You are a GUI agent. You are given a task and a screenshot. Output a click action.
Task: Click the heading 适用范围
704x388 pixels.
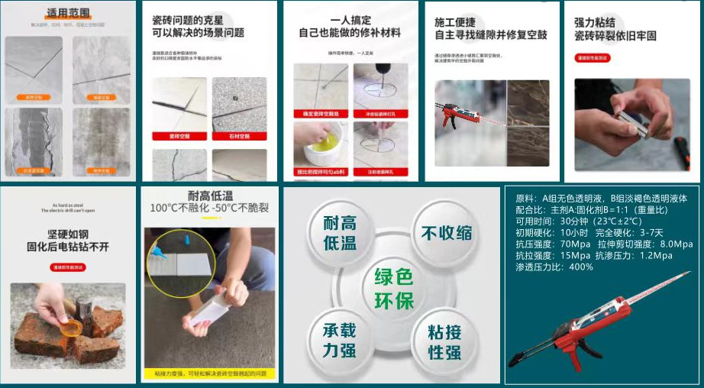[68, 13]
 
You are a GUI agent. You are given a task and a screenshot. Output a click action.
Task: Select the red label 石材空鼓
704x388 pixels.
[239, 136]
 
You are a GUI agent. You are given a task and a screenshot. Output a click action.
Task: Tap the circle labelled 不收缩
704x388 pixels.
[446, 234]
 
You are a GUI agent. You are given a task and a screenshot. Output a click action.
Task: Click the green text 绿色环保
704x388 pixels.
[392, 288]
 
